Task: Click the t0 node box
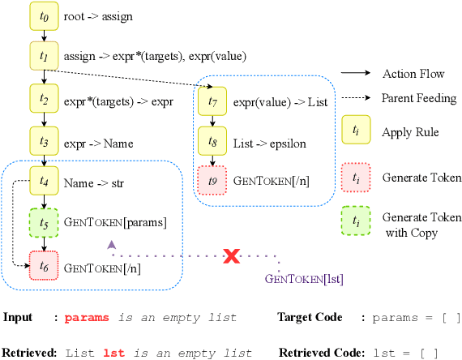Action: click(x=45, y=15)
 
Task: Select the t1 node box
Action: click(x=45, y=56)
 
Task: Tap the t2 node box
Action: click(x=45, y=101)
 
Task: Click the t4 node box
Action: click(x=45, y=183)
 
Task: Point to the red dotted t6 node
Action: click(x=45, y=265)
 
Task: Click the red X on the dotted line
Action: click(x=232, y=256)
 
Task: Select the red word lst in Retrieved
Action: click(x=114, y=353)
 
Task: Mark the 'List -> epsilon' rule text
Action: click(x=268, y=142)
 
